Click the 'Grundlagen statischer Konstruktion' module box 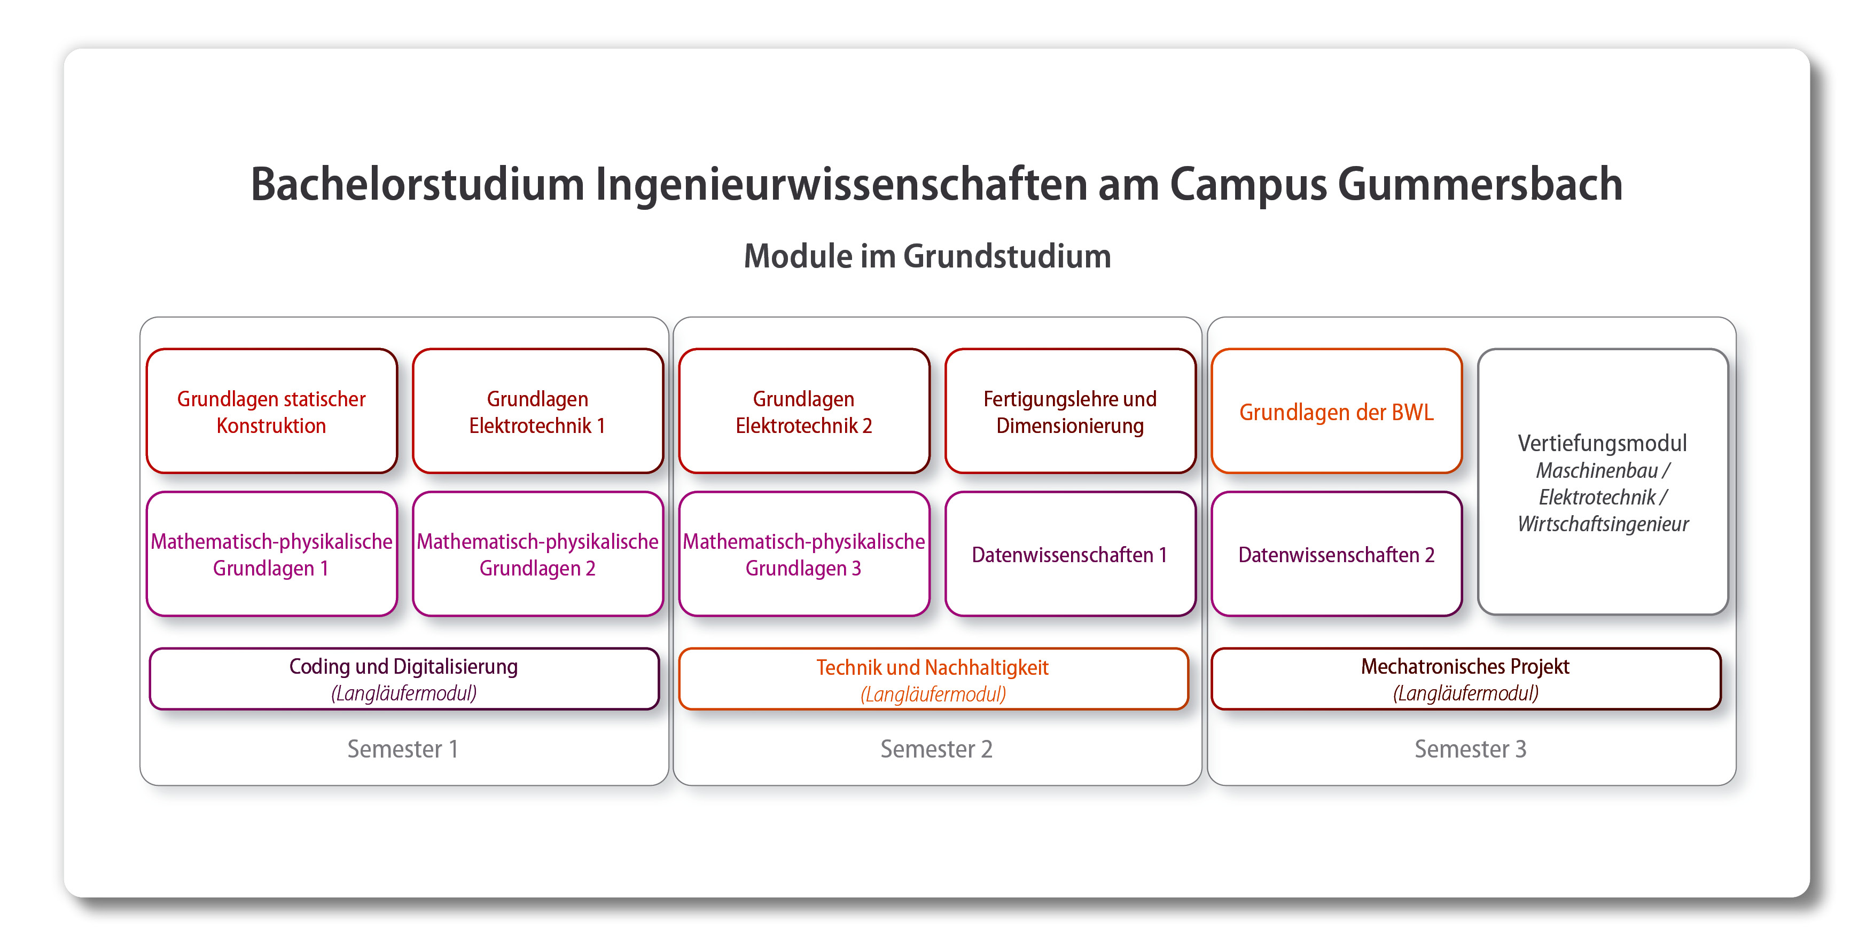pos(271,412)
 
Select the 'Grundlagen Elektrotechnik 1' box pos(537,412)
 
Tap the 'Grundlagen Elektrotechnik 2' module pos(804,412)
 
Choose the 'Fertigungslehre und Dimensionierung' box pos(1070,412)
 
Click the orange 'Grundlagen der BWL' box pos(1337,412)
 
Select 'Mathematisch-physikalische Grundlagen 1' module pos(271,554)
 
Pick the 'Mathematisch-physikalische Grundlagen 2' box pos(537,554)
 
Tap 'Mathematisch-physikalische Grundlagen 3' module pos(804,554)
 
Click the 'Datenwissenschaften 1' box pos(1070,554)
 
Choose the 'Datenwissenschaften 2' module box pos(1337,554)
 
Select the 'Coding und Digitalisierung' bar pos(404,679)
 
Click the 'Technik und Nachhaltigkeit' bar pos(933,679)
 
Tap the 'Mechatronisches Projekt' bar pos(1465,679)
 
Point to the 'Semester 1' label pos(402,749)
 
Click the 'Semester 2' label pos(936,749)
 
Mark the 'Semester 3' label pos(1470,749)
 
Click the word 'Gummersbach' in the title pos(1480,184)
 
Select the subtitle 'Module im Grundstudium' pos(927,256)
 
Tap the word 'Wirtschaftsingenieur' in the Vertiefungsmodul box pos(1603,524)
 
